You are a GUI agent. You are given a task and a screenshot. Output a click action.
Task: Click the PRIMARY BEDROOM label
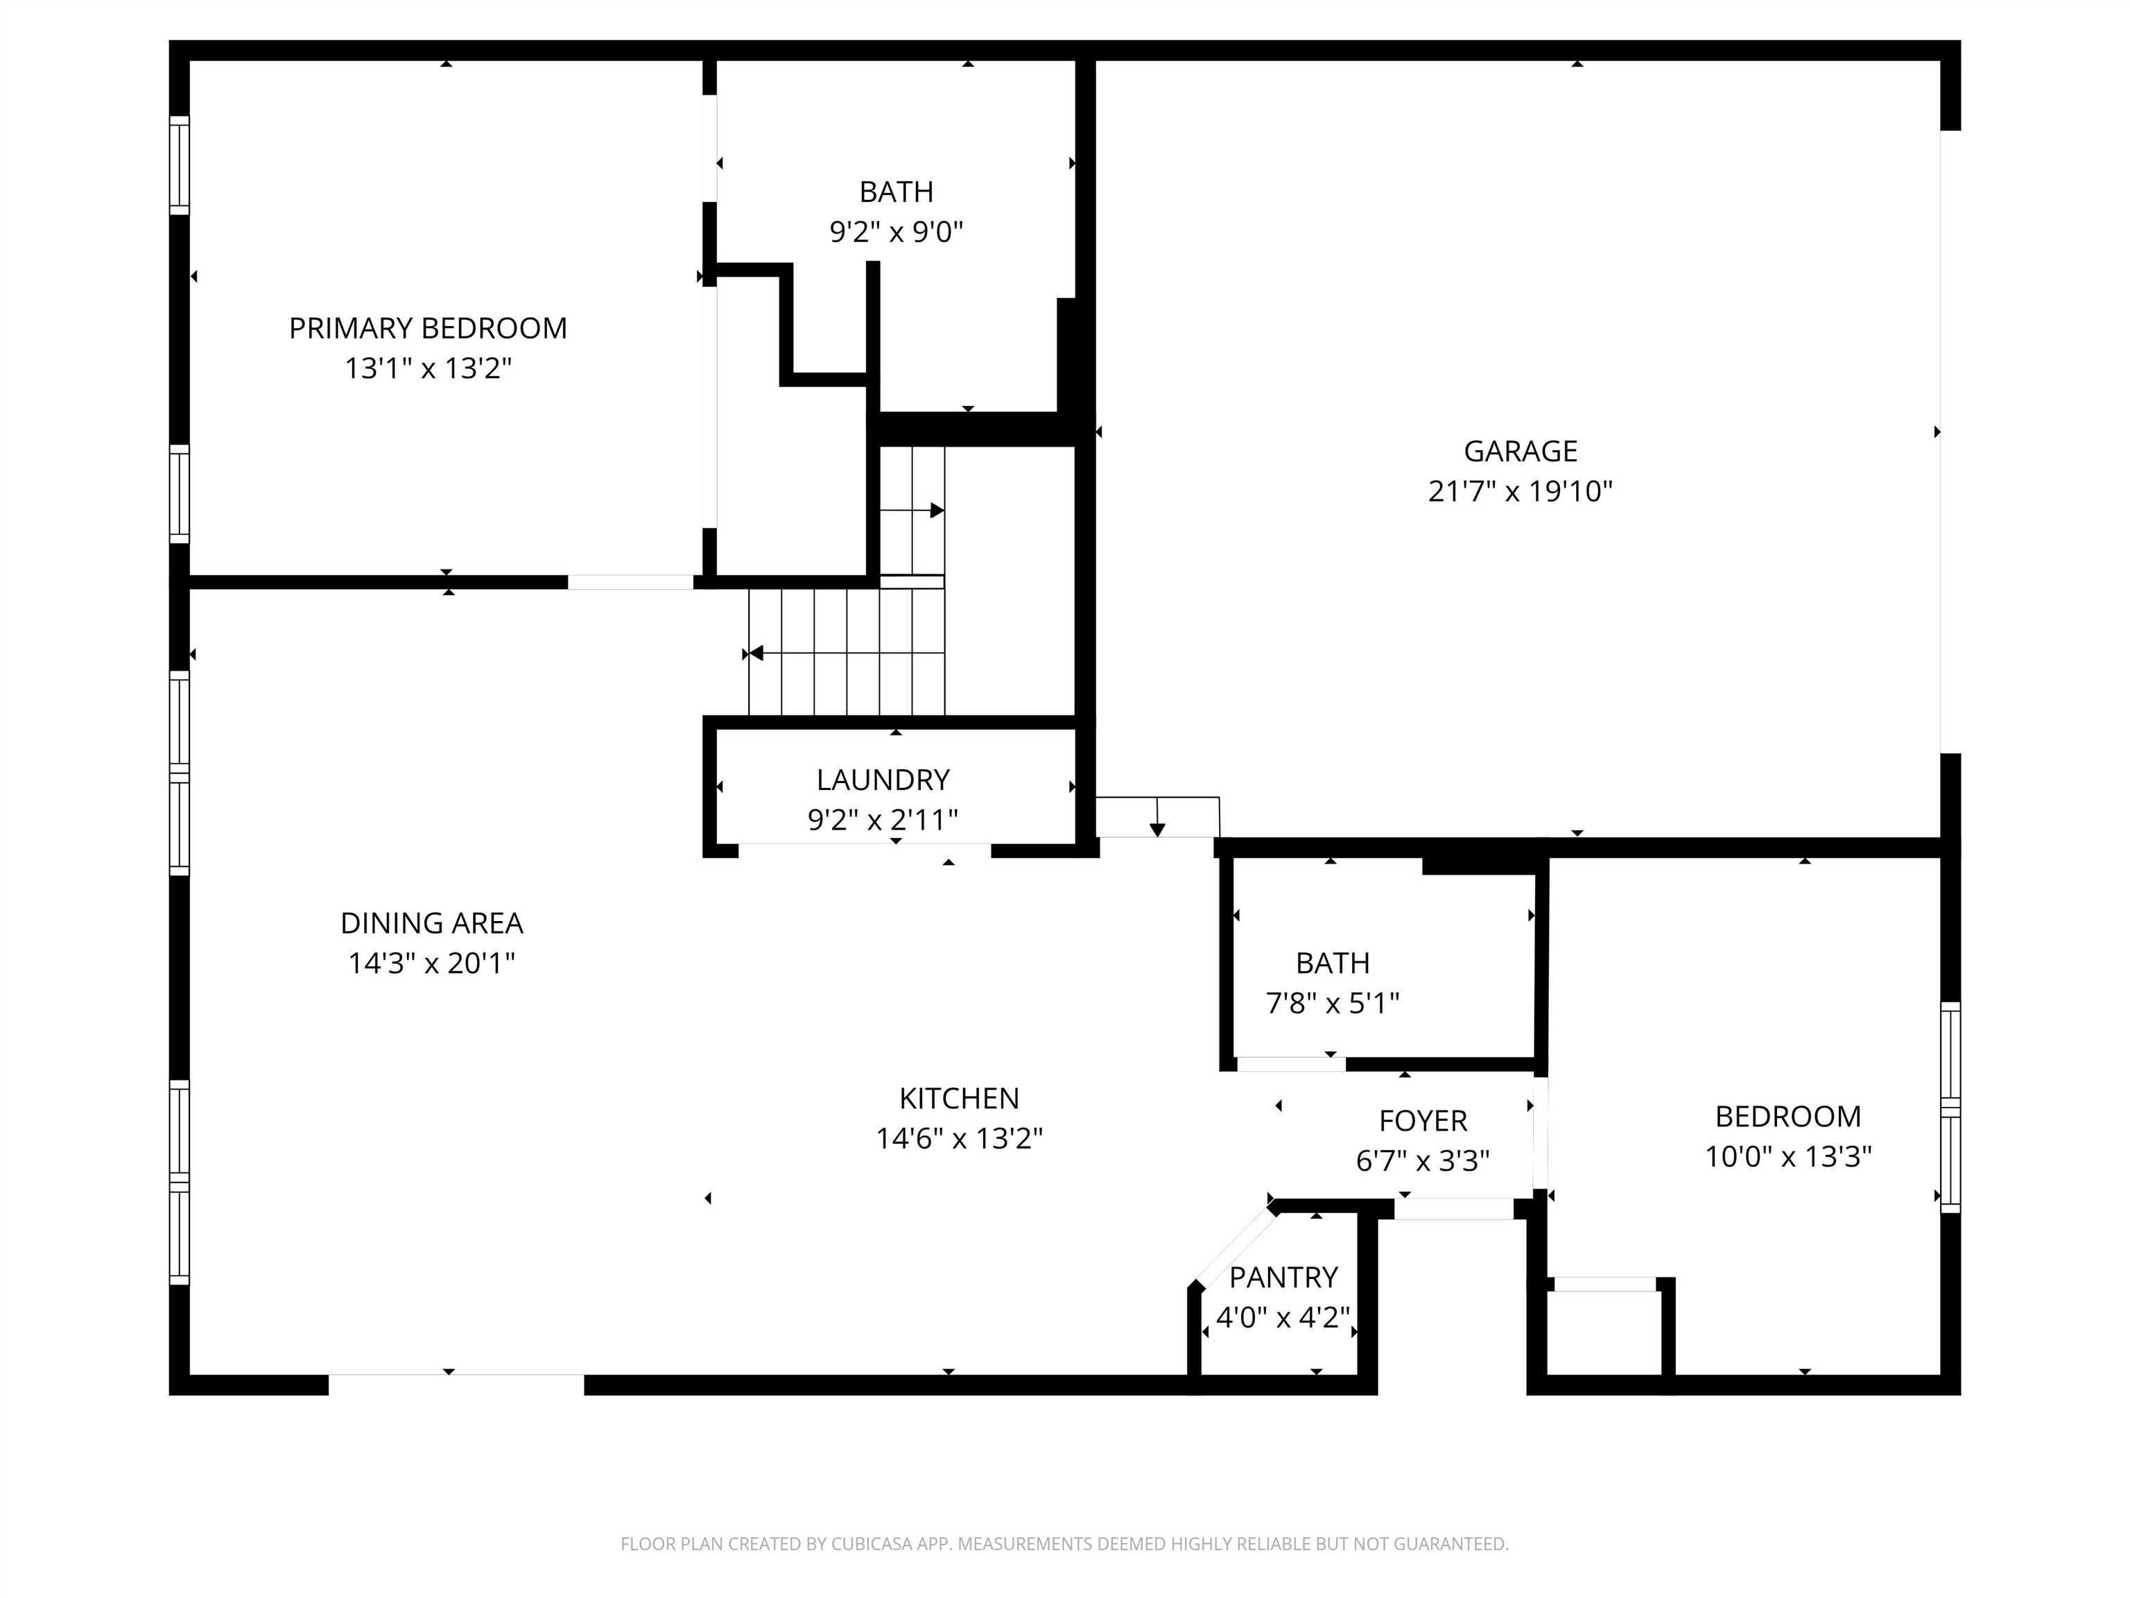tap(428, 329)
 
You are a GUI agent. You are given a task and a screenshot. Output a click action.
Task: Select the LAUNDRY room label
tap(883, 780)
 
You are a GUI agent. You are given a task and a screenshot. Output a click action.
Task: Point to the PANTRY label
tap(1283, 1278)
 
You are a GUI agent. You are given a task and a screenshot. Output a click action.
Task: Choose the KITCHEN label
tap(958, 1098)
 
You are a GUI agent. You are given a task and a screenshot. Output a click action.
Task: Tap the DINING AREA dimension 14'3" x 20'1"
tap(431, 963)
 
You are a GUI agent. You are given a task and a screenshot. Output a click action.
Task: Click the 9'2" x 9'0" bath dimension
tap(896, 232)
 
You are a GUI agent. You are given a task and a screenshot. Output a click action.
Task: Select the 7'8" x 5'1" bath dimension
tap(1332, 1004)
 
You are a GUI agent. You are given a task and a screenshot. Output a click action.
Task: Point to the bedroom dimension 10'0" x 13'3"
tap(1788, 1156)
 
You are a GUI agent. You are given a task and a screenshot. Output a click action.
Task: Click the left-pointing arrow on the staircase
tap(758, 654)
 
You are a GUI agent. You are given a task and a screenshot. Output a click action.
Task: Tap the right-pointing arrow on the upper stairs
tap(935, 510)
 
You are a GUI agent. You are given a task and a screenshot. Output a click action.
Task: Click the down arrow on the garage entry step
tap(1157, 827)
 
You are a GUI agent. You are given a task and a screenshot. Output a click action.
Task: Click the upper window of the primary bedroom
tap(179, 164)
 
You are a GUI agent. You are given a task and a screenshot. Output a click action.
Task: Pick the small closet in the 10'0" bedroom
tap(1604, 1333)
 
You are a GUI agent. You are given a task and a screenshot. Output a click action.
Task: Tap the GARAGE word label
tap(1520, 452)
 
